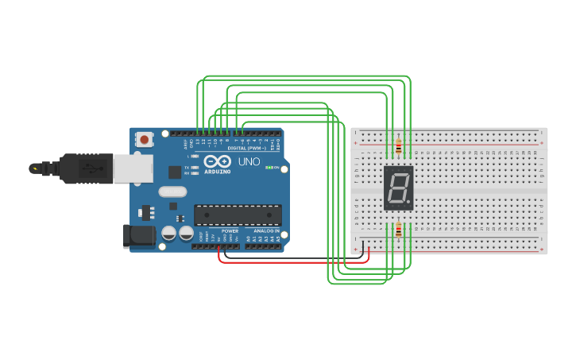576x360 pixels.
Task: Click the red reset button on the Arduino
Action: point(144,140)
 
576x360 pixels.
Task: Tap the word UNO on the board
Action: point(249,161)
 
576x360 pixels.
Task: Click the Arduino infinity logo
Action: point(217,161)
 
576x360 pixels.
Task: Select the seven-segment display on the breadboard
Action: point(398,188)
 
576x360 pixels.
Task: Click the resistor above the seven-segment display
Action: point(398,146)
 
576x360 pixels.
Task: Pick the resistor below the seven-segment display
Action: point(398,230)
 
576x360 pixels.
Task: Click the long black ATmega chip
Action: point(238,215)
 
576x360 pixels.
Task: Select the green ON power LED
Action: point(269,168)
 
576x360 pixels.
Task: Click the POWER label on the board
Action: point(230,231)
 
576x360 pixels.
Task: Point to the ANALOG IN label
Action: point(265,231)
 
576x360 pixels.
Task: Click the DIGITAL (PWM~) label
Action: point(247,149)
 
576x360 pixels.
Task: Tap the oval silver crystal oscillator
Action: point(172,192)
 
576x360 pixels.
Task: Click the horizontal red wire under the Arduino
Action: point(294,261)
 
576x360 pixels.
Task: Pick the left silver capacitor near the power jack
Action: point(168,233)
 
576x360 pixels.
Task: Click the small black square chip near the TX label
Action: point(174,172)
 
